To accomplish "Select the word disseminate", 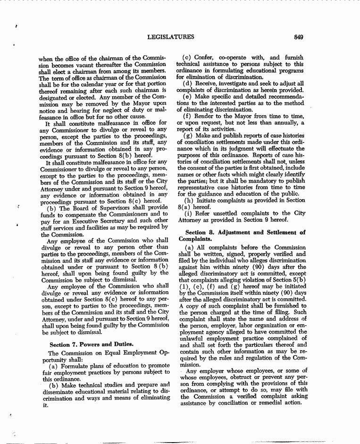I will [60, 392].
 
